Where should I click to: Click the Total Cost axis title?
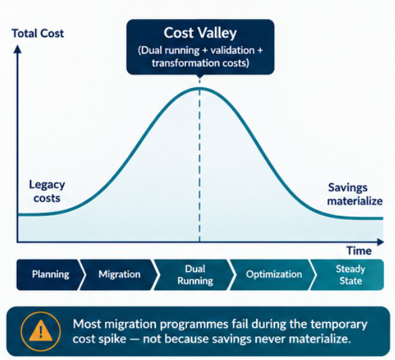tap(38, 33)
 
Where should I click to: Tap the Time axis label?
tap(359, 251)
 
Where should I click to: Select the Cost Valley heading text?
tap(201, 33)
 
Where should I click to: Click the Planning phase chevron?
tap(49, 275)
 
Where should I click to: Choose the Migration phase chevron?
tap(119, 275)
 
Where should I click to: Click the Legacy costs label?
tap(47, 192)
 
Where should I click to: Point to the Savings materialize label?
tap(355, 194)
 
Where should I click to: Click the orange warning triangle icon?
tap(41, 330)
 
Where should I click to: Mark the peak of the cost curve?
tap(200, 88)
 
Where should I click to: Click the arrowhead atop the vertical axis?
tap(18, 49)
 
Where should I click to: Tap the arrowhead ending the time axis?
tap(380, 242)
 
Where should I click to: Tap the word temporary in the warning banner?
tap(339, 325)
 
